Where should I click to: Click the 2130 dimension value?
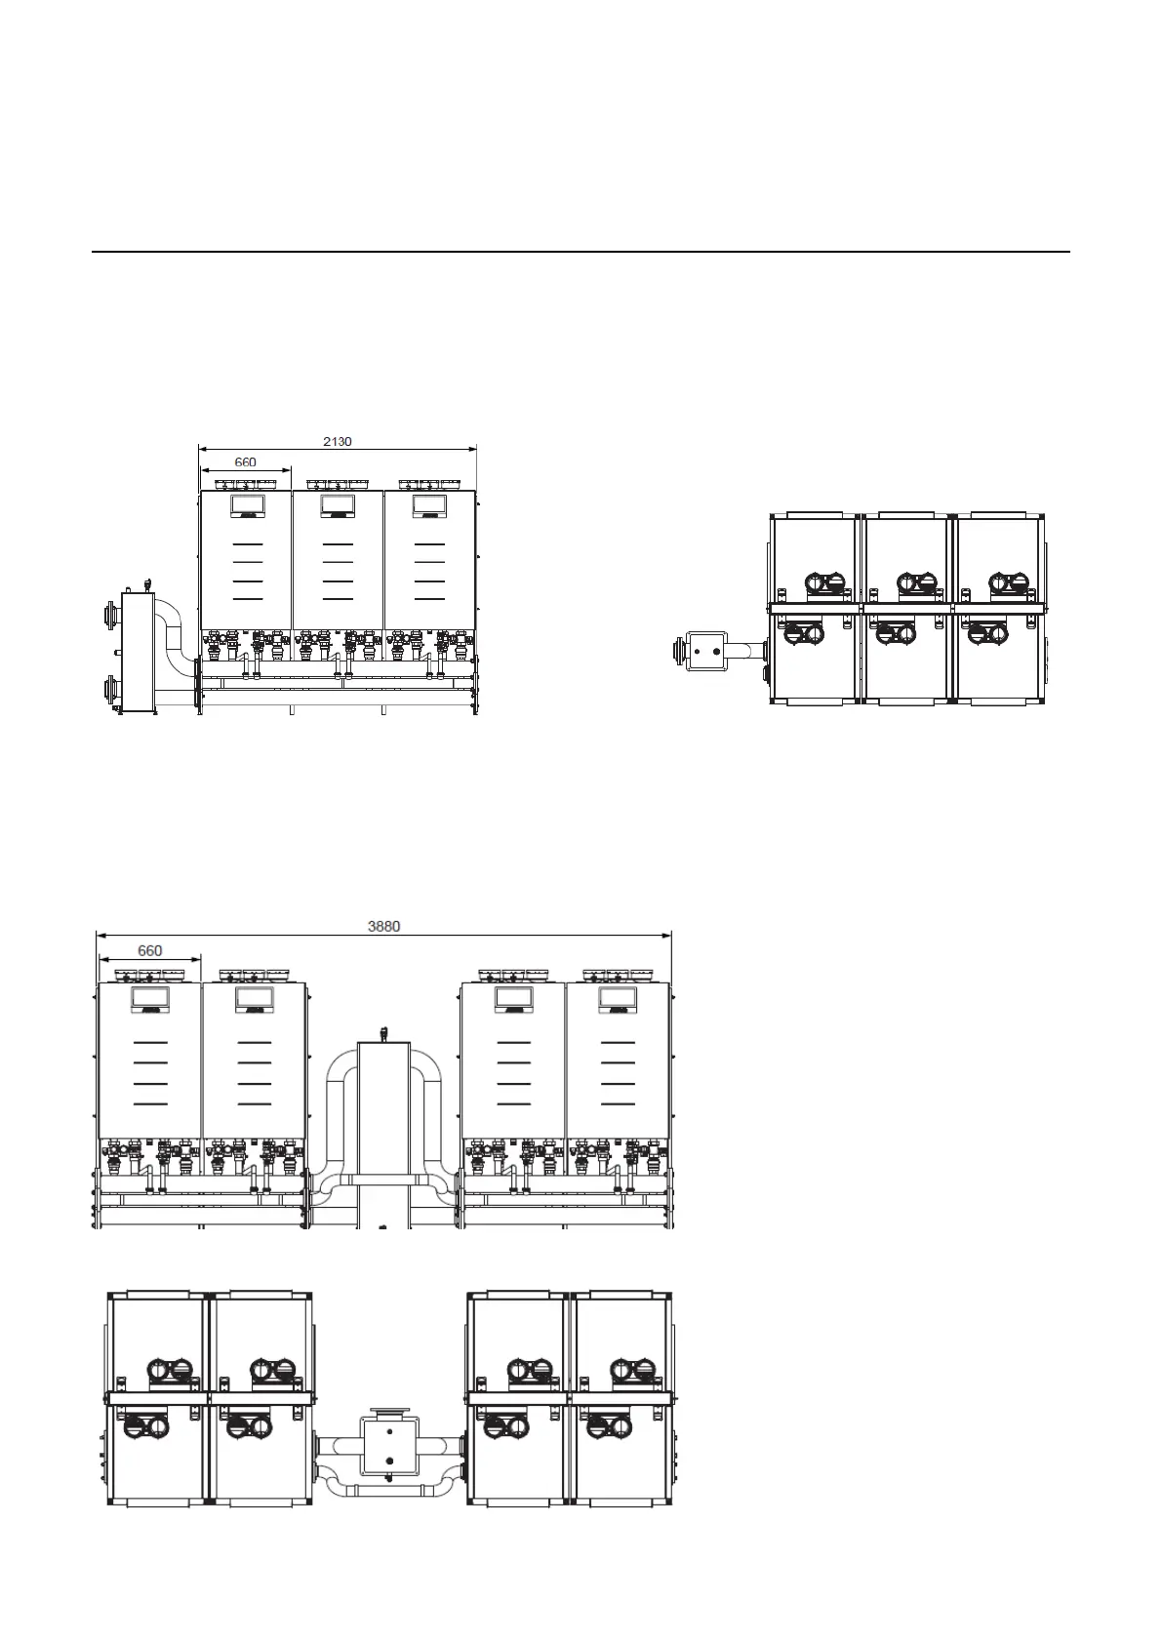pyautogui.click(x=337, y=441)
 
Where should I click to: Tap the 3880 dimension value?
pyautogui.click(x=383, y=926)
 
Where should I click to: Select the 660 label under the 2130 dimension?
pyautogui.click(x=245, y=461)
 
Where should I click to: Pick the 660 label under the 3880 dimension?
pyautogui.click(x=149, y=950)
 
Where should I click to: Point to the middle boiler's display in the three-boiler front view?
pyautogui.click(x=337, y=505)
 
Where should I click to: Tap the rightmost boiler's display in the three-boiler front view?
pyautogui.click(x=429, y=505)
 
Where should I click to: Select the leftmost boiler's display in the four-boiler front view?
pyautogui.click(x=149, y=998)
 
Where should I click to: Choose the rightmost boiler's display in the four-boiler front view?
pyautogui.click(x=618, y=998)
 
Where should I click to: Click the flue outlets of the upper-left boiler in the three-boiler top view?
pyautogui.click(x=825, y=584)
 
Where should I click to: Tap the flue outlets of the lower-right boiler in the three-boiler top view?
pyautogui.click(x=986, y=633)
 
